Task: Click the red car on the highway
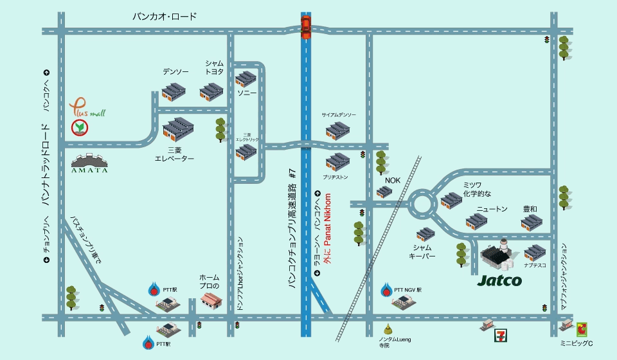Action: (x=306, y=28)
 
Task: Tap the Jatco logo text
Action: (x=500, y=280)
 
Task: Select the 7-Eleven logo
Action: (x=500, y=335)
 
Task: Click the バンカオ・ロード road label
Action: (x=165, y=17)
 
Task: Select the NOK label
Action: (x=392, y=181)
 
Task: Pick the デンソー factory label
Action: (x=175, y=72)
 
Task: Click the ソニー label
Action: (x=247, y=93)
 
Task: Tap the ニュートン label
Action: (x=492, y=209)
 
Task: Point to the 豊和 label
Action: (x=530, y=209)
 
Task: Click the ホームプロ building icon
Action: (x=212, y=300)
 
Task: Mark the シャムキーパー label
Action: (x=422, y=251)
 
